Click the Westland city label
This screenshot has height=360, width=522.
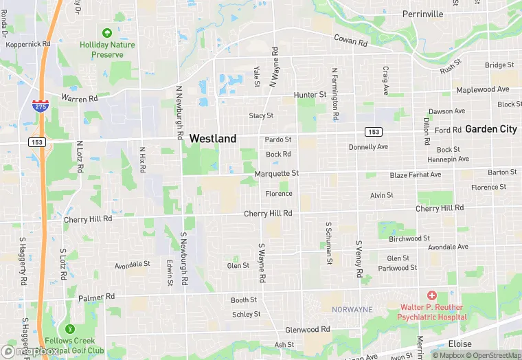coord(212,138)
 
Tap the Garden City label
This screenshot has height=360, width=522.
coord(490,128)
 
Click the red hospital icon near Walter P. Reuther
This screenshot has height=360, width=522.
coord(431,295)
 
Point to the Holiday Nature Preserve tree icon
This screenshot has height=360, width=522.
coord(106,33)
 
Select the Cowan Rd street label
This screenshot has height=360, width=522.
coord(350,41)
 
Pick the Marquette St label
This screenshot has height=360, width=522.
coord(277,173)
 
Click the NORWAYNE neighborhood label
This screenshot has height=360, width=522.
coord(352,310)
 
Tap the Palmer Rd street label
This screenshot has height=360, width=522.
coord(95,298)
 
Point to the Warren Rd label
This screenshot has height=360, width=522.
coord(80,98)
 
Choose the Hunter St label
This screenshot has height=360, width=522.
coord(310,94)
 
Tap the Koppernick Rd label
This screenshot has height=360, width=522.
coord(28,44)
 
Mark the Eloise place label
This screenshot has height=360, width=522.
coord(459,344)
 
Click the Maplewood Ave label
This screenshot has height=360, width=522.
coord(483,89)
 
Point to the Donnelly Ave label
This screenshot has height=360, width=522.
coord(368,146)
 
